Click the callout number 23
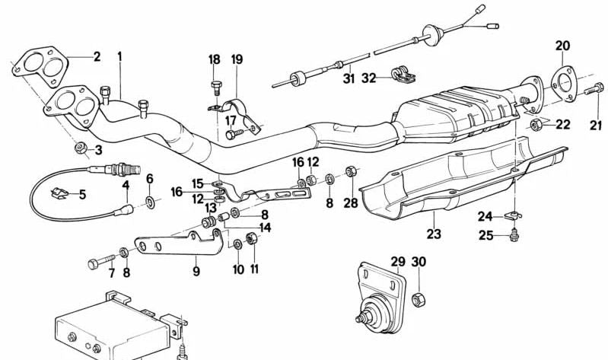coord(433,234)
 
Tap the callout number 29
coord(397,263)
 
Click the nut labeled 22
coord(535,124)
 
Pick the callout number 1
coord(119,56)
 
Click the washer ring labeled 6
coord(150,202)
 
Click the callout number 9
coord(196,270)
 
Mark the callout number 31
coord(349,78)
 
